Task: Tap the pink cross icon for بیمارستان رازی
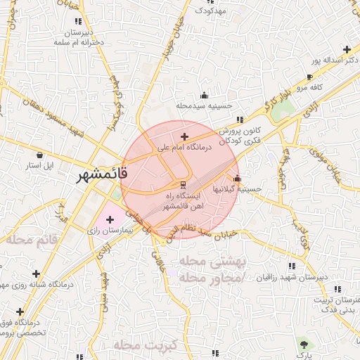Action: point(110,220)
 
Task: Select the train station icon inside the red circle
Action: point(174,184)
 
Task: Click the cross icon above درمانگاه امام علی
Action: point(184,136)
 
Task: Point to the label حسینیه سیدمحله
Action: point(204,106)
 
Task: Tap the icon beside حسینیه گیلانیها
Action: point(237,178)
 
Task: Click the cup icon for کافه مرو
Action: point(310,77)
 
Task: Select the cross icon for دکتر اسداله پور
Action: point(346,49)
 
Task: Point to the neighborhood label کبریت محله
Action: point(148,345)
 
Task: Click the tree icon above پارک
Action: point(304,345)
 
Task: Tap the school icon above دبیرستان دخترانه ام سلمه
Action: point(77,22)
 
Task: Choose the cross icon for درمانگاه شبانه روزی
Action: point(36,273)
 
